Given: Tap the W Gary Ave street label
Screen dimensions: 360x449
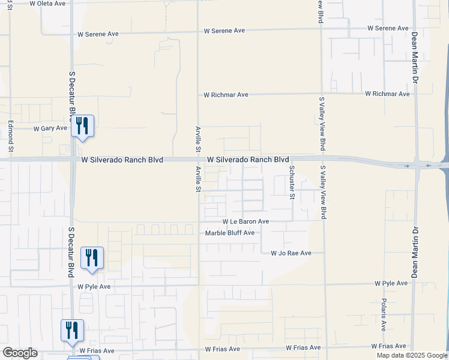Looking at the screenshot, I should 50,128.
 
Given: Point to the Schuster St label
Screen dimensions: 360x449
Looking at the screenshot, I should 292,182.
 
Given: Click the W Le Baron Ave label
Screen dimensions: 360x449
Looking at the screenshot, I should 246,221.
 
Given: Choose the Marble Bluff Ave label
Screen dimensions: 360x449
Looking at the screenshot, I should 230,233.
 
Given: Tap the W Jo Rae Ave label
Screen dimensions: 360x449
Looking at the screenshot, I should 291,253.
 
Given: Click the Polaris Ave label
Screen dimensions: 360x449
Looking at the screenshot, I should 384,314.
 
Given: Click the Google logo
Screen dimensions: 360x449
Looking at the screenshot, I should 20,353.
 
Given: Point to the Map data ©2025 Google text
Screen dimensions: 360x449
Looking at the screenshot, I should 411,355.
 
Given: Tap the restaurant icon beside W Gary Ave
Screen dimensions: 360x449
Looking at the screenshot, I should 82,127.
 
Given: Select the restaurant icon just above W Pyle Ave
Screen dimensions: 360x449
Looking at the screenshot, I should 92,258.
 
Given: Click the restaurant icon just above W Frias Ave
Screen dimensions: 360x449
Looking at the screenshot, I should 72,331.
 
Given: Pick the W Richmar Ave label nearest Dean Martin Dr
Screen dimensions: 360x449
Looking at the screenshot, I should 387,94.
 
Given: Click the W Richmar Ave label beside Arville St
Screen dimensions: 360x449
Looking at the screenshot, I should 226,95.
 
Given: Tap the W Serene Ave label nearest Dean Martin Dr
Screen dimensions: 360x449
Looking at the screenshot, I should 388,28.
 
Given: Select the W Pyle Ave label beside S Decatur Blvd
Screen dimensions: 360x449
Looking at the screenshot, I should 94,287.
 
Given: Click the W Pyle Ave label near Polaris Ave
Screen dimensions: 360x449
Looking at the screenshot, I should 391,283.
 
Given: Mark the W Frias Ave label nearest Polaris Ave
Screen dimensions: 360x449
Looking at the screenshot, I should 388,346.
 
